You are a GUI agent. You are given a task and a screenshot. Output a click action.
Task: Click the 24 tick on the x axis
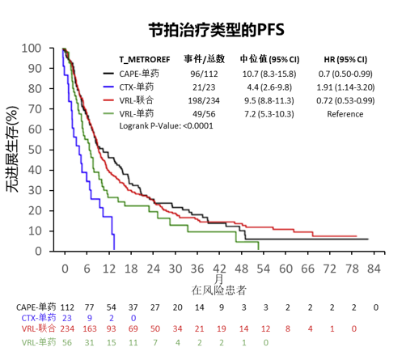tap(153, 268)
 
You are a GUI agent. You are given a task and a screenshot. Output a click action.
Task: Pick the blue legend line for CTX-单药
tap(109, 87)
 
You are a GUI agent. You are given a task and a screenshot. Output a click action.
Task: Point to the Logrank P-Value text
tap(165, 126)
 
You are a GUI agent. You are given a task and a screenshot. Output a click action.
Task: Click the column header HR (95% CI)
tap(345, 59)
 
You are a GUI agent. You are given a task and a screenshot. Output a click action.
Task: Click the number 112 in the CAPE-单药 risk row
tap(67, 307)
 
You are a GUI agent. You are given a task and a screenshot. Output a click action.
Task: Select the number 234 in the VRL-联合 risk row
tap(67, 329)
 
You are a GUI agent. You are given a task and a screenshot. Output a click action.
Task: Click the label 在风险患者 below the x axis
tap(219, 290)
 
